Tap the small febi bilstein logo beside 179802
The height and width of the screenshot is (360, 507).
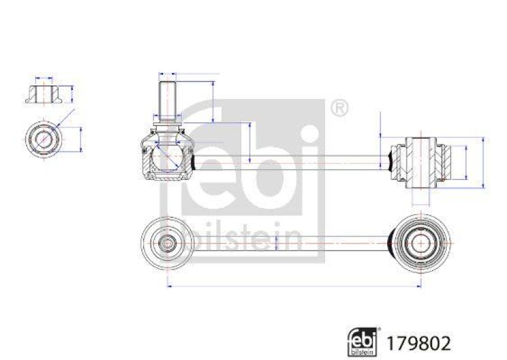point(365,341)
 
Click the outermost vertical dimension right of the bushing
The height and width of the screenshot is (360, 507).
point(485,162)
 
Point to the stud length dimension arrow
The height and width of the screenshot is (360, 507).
point(213,101)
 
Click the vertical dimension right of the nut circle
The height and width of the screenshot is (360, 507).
point(81,139)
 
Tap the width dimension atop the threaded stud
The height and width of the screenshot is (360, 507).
point(166,72)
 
